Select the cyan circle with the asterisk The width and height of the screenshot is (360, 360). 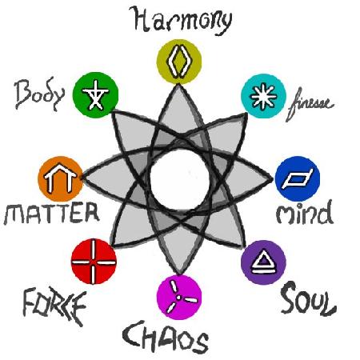click(x=263, y=96)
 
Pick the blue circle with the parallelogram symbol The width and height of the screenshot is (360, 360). click(x=298, y=178)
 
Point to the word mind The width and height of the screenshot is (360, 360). click(x=304, y=213)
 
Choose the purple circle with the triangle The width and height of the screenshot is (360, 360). click(x=263, y=262)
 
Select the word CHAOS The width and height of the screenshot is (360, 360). click(x=166, y=337)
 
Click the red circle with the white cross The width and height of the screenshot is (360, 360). click(x=94, y=262)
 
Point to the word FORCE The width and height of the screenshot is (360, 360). click(x=54, y=306)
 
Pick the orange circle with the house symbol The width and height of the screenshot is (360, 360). click(x=60, y=178)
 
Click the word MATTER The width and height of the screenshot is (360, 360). click(x=51, y=213)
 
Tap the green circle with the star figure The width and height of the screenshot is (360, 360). click(x=95, y=94)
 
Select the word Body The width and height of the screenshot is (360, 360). click(x=40, y=94)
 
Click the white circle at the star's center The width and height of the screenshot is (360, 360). click(x=179, y=179)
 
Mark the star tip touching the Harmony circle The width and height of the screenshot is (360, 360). click(x=178, y=84)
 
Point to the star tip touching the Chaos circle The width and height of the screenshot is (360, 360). click(x=180, y=274)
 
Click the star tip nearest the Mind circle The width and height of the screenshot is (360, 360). click(x=273, y=179)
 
